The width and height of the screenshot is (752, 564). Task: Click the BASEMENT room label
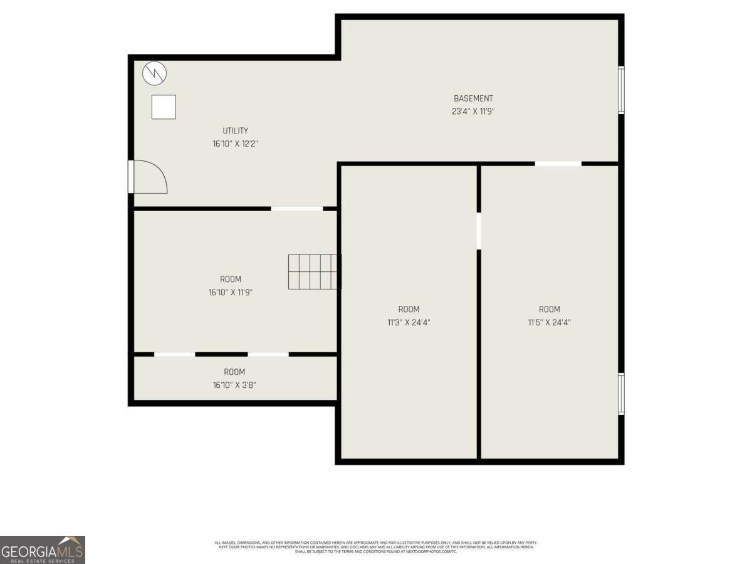(x=473, y=98)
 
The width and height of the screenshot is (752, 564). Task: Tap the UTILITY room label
(x=235, y=131)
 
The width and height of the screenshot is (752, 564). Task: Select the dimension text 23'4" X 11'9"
(x=473, y=112)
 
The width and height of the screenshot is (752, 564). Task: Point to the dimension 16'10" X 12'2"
(x=235, y=144)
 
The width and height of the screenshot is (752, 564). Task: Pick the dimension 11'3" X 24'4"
(x=409, y=323)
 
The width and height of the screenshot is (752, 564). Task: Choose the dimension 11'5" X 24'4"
(x=549, y=323)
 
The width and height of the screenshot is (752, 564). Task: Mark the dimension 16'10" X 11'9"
(x=230, y=292)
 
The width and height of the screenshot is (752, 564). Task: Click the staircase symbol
(x=314, y=271)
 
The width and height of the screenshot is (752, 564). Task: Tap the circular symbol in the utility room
(x=155, y=74)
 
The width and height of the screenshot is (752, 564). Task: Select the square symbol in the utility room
(x=164, y=107)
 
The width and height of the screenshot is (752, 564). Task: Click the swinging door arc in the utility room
(x=150, y=177)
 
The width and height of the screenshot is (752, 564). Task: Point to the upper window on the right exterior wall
(x=621, y=90)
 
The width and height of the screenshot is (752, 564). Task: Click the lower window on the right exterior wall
(x=621, y=394)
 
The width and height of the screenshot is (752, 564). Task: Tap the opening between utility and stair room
(x=296, y=208)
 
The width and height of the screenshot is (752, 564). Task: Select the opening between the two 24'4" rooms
(x=479, y=231)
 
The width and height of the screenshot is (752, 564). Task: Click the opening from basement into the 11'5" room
(x=558, y=164)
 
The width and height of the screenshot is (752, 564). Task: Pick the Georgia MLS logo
(x=42, y=550)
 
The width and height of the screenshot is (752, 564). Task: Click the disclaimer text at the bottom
(x=376, y=546)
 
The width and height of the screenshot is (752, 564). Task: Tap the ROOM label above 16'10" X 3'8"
(x=234, y=372)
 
